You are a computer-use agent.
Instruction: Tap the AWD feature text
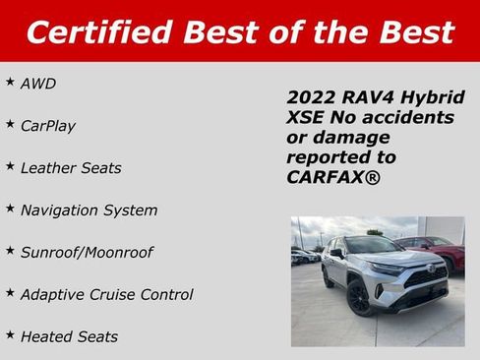[x=38, y=84]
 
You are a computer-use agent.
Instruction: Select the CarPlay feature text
[x=48, y=126]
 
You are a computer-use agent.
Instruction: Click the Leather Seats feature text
[x=71, y=168]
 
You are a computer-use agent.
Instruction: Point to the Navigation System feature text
[x=89, y=210]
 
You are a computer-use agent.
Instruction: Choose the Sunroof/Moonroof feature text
[x=87, y=253]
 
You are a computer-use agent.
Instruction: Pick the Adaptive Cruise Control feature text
[x=107, y=295]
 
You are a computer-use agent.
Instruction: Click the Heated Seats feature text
[x=69, y=336]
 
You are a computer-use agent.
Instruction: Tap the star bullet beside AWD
[x=10, y=82]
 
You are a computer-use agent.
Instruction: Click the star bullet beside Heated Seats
[x=10, y=334]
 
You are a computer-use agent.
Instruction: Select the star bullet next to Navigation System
[x=10, y=209]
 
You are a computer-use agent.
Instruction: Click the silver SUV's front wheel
[x=359, y=298]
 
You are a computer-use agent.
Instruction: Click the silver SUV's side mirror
[x=336, y=255]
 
